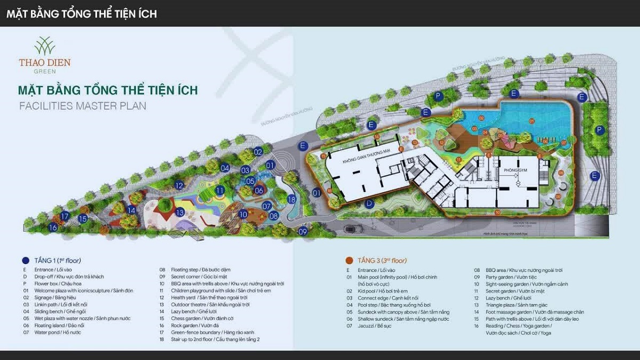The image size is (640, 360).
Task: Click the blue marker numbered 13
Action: (x=180, y=212)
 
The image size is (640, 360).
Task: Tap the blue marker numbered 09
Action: (x=303, y=231)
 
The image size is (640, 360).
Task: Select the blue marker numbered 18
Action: (x=291, y=199)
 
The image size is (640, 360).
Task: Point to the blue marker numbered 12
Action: (x=179, y=186)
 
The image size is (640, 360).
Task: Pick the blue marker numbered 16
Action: (x=53, y=228)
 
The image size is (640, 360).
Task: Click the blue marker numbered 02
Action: (x=259, y=151)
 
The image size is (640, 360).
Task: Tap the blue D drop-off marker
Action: (x=369, y=203)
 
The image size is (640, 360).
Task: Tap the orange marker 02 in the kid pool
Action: (x=481, y=118)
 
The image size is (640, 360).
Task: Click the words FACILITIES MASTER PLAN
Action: (x=83, y=106)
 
